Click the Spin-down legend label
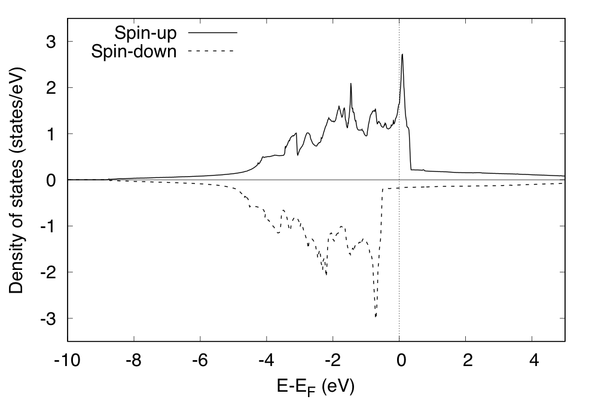tap(134, 52)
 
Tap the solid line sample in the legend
tap(212, 32)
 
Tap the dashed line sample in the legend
tap(212, 52)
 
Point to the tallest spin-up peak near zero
tap(402, 55)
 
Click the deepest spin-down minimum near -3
tap(376, 316)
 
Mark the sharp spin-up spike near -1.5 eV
tap(351, 84)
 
